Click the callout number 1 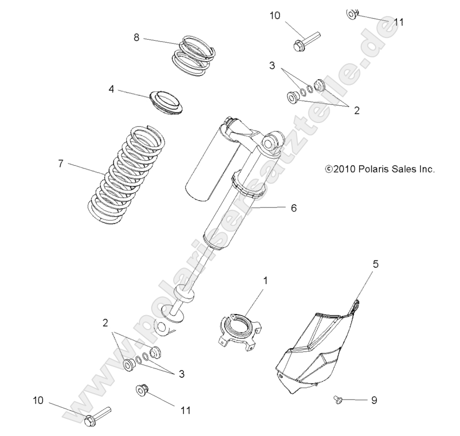[266, 280]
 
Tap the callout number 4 [111, 89]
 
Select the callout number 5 [375, 264]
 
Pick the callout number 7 [60, 164]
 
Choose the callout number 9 [375, 399]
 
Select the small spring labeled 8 [195, 55]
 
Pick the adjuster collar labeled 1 [238, 331]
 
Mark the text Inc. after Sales [426, 169]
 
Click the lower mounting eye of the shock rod [165, 327]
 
